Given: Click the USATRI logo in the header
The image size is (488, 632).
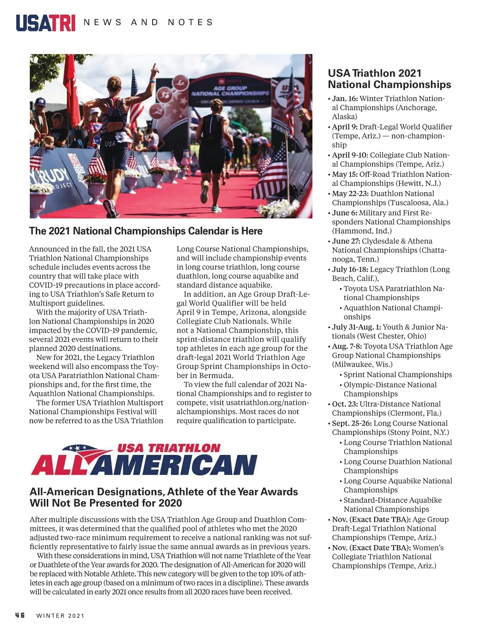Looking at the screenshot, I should click(x=46, y=23).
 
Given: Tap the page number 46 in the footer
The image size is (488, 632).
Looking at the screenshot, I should click(x=20, y=615).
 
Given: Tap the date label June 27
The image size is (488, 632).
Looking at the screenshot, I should click(x=346, y=241).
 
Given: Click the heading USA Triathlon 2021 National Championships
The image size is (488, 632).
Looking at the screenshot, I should click(x=389, y=79).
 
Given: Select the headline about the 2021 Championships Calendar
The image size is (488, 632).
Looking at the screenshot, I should click(x=146, y=231).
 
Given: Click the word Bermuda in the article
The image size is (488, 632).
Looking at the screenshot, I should click(x=218, y=376).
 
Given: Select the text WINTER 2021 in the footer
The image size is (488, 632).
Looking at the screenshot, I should click(x=61, y=616).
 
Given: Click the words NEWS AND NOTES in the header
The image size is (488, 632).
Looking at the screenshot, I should click(x=148, y=22).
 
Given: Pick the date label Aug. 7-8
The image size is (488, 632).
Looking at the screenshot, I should click(x=347, y=346).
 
